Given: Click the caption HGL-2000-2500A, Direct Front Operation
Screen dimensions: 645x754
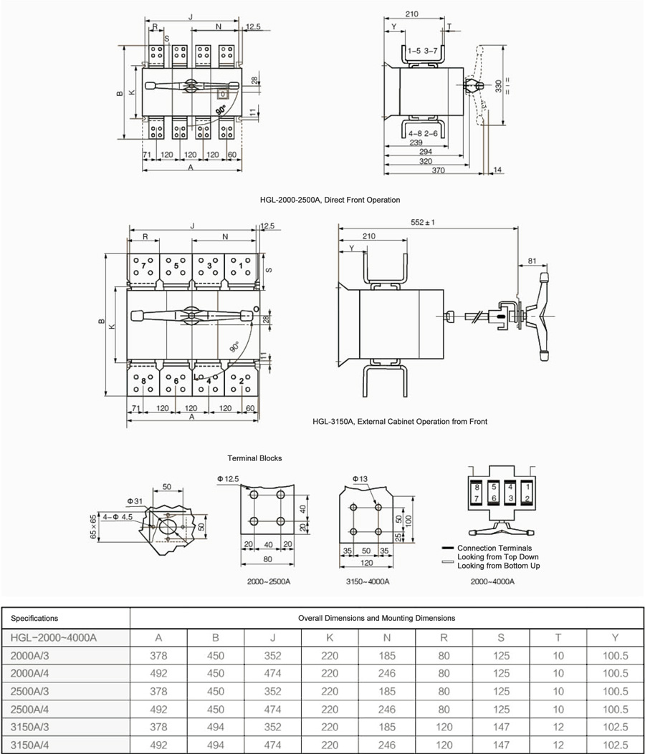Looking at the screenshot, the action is pos(330,200).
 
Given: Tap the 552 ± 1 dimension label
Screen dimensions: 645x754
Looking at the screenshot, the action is pos(423,222).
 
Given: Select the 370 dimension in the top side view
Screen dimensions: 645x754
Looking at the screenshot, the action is pos(438,170).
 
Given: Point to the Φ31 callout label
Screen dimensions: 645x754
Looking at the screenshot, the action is pos(135,501).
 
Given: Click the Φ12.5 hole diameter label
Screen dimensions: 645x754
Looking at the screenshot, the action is pos(228,479).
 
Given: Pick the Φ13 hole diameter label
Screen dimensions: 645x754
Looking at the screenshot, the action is pos(360,479).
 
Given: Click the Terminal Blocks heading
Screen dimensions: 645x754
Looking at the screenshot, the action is pos(254,458).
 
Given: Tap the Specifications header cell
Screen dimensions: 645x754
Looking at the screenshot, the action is pos(34,619).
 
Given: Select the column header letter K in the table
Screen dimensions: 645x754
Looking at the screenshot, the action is pos(330,637).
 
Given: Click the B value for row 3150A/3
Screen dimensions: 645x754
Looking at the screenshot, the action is pos(215,727).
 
